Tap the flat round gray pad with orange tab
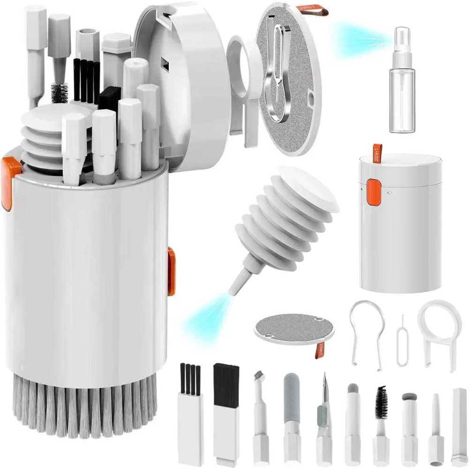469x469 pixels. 295,329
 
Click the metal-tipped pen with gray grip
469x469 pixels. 323,413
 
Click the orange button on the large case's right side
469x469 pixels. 171,272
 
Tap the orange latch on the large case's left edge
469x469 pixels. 10,181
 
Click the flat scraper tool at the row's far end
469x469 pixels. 459,427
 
